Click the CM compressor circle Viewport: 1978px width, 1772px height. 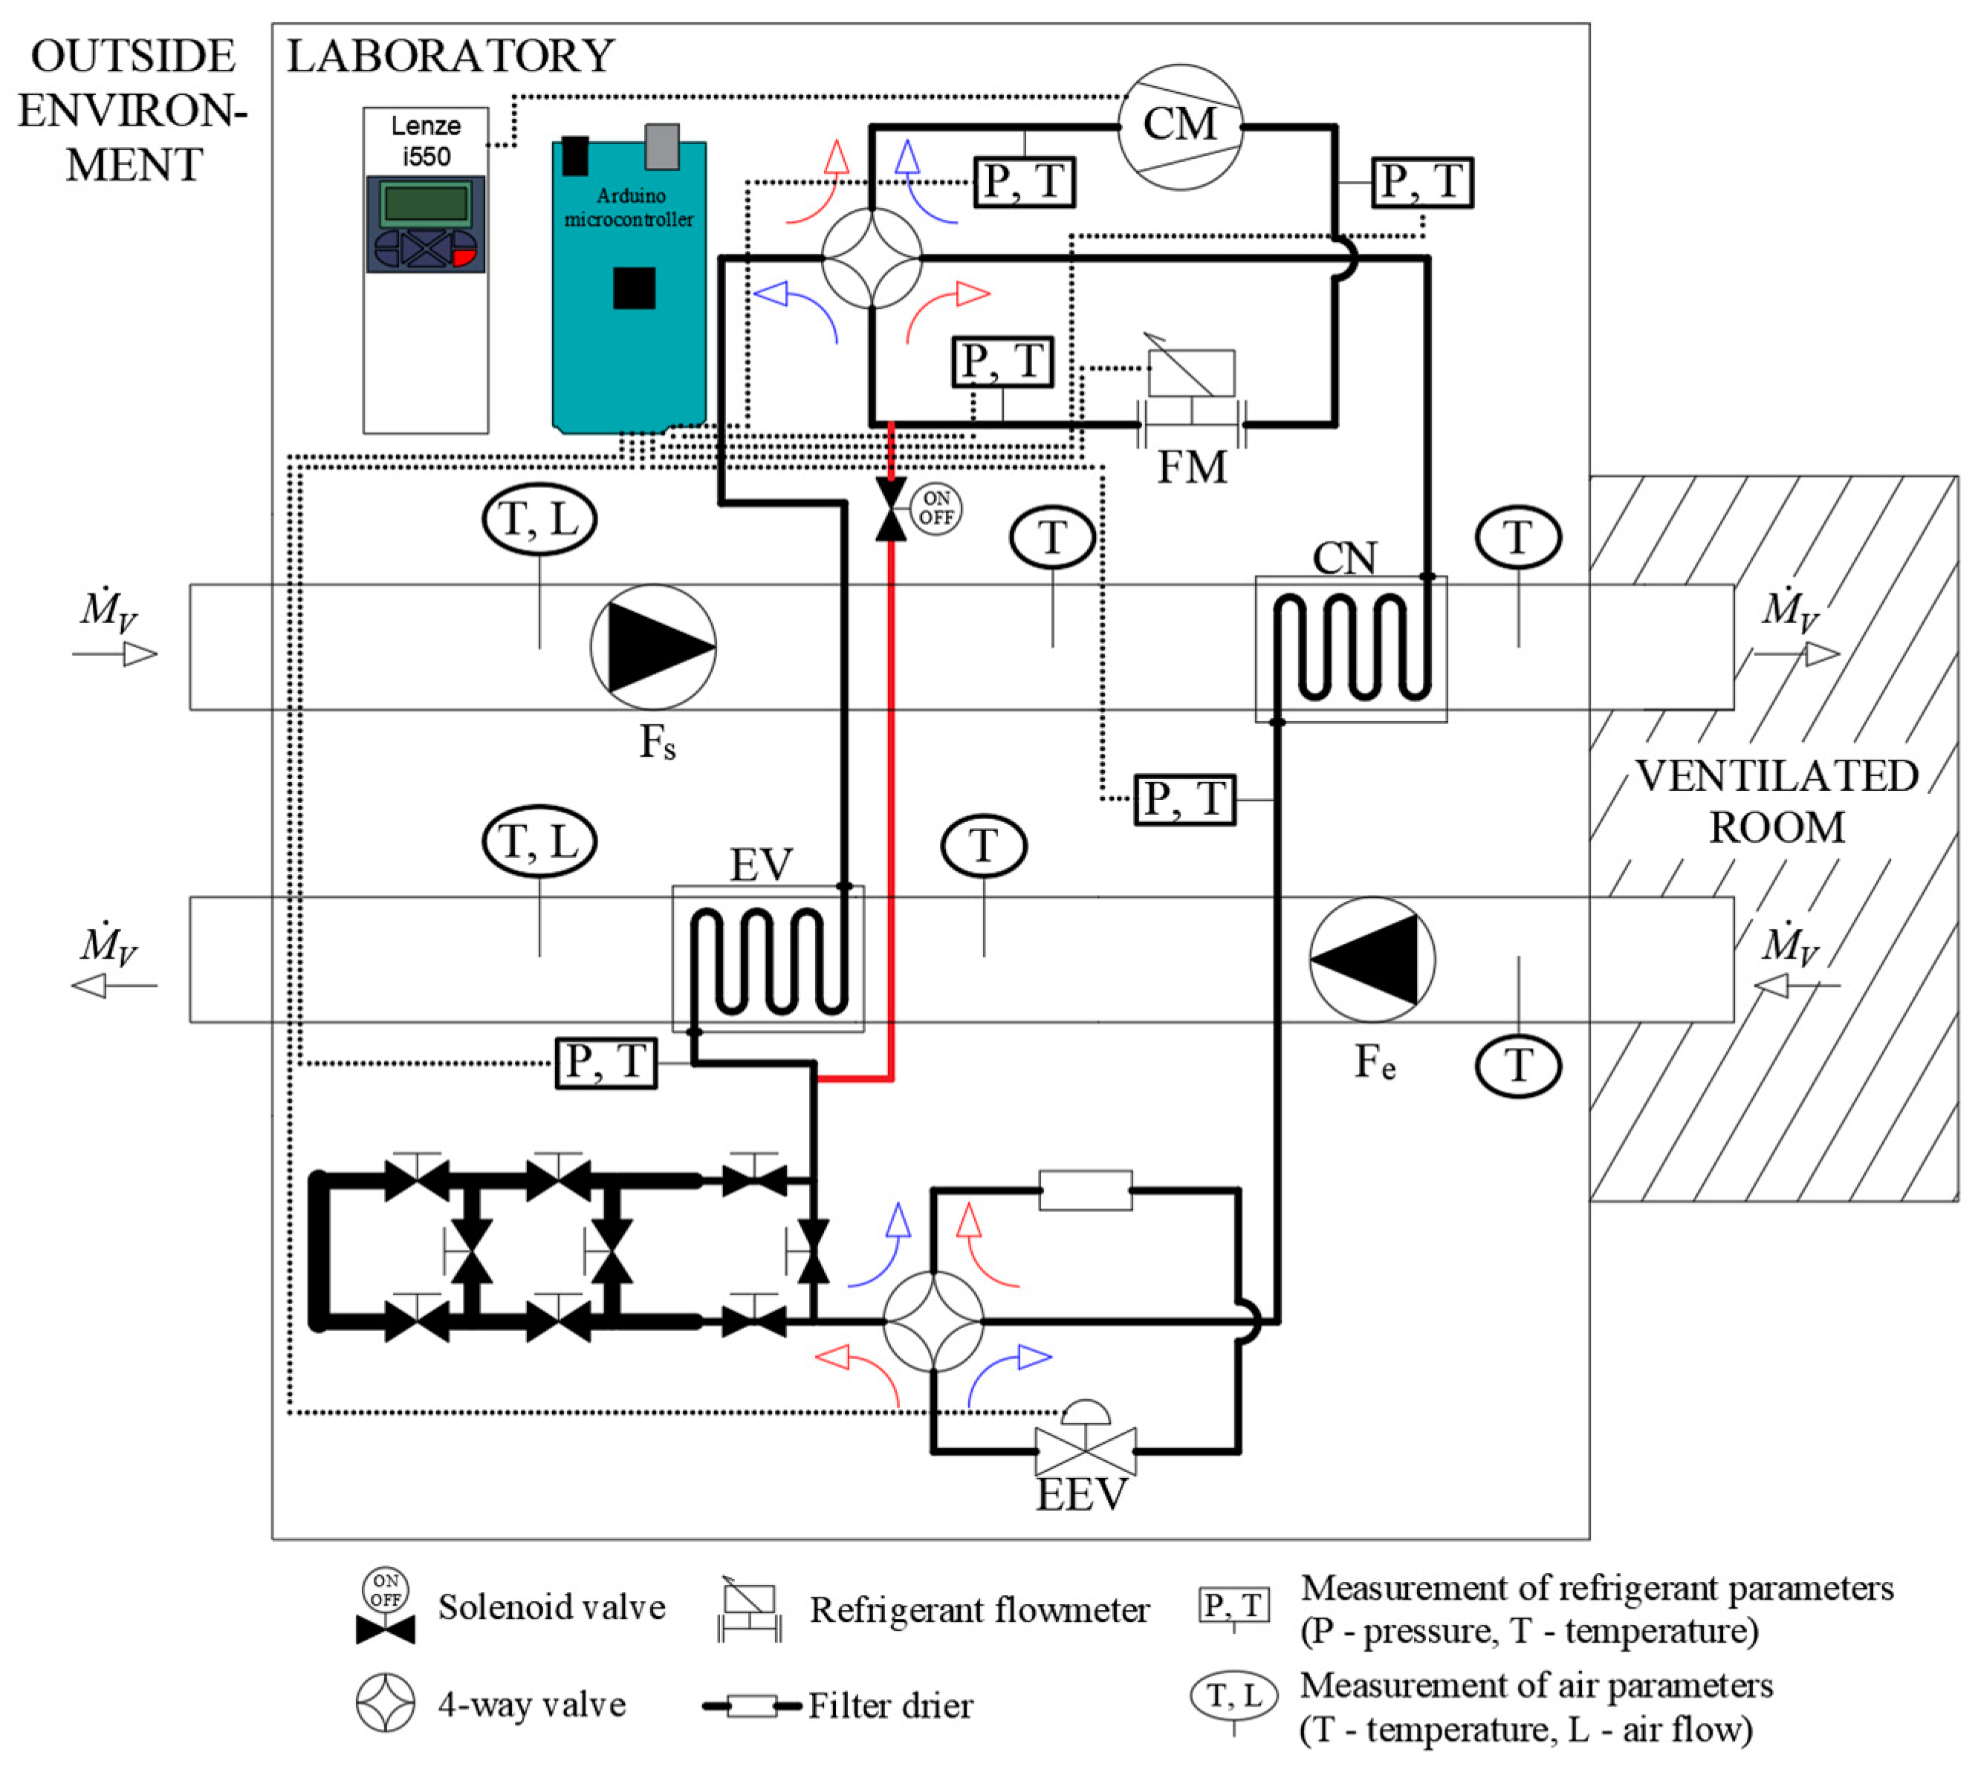tap(1178, 126)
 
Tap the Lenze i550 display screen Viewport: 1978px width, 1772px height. tap(426, 203)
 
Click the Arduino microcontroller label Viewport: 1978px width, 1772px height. tap(629, 207)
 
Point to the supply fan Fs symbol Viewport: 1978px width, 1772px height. tap(652, 646)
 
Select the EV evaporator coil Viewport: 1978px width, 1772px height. tap(768, 959)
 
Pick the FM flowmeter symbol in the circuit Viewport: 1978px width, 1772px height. tap(1190, 400)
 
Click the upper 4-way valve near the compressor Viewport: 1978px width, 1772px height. tap(871, 258)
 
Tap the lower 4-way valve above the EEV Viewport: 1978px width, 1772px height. tap(933, 1321)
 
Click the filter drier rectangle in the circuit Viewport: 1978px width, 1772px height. tap(1085, 1190)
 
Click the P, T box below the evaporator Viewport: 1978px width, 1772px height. tap(606, 1062)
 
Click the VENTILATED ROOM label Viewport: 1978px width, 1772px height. tap(1774, 801)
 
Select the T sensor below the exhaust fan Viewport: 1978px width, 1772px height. tap(1517, 1065)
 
